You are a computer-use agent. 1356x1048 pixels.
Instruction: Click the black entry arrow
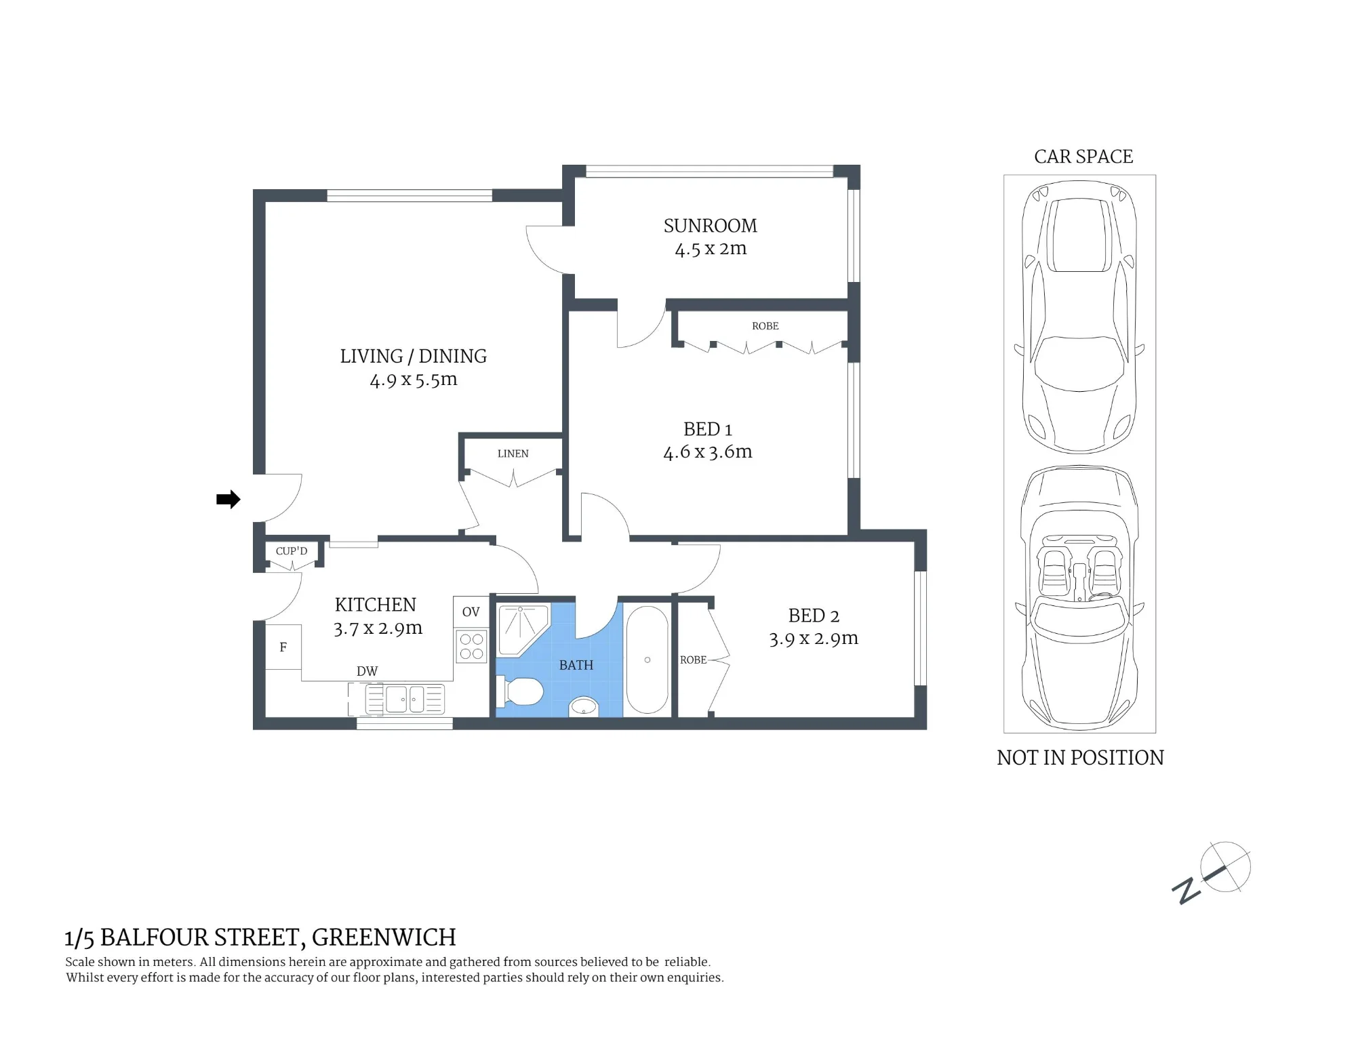228,500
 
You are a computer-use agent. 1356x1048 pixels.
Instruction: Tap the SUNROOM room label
710,226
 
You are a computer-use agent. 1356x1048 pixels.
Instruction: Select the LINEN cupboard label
513,454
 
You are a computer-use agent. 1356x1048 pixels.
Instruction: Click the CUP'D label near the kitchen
292,551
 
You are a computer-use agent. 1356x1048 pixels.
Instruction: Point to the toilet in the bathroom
520,692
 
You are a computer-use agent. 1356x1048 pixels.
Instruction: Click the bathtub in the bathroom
647,660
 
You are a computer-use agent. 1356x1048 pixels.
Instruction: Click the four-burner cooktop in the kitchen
471,646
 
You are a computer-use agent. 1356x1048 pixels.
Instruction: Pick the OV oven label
471,612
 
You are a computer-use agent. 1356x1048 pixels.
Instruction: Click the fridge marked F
283,647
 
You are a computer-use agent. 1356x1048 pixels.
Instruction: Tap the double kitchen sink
405,698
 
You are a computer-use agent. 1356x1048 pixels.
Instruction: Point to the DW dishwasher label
367,671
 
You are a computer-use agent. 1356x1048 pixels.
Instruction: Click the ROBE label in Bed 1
765,326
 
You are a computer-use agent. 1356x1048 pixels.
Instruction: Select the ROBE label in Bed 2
693,660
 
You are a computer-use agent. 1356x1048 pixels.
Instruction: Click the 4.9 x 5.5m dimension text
414,380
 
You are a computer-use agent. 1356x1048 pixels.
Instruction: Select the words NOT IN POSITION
1080,757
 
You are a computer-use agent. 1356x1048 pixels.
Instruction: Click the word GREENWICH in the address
384,938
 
